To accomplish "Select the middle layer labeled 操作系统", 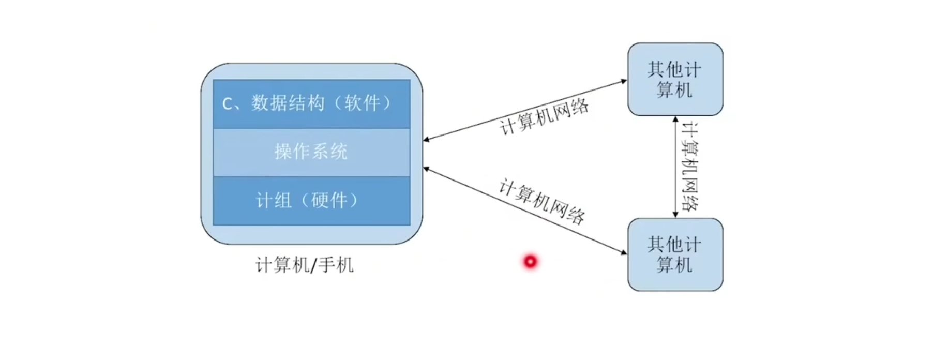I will [311, 152].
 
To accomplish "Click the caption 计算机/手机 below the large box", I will [305, 265].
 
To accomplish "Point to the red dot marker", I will [531, 262].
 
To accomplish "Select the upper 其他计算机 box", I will [675, 79].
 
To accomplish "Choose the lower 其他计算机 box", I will [675, 254].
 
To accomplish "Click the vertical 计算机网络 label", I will [690, 167].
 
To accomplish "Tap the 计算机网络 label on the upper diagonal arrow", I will [544, 117].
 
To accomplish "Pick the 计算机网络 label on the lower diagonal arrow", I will [542, 201].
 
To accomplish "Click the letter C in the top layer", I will [227, 104].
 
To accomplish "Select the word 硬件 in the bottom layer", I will [329, 200].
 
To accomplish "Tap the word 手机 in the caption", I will [336, 265].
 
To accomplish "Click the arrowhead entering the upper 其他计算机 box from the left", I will [624, 81].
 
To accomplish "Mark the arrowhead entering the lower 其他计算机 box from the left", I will [624, 252].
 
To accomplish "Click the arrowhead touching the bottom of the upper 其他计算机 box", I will [675, 119].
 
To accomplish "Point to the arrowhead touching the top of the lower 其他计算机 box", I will [675, 214].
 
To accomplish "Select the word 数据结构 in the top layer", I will [288, 103].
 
